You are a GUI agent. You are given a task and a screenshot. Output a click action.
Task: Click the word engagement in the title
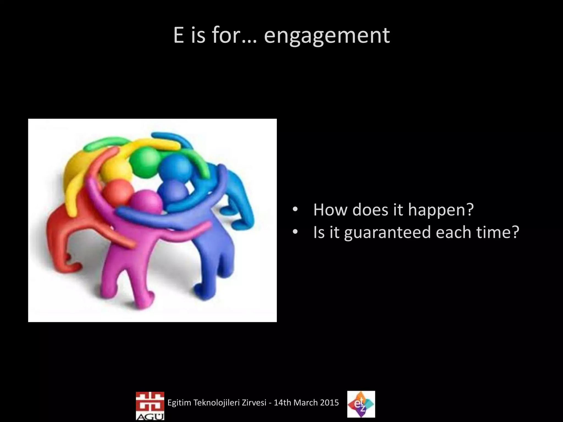(x=327, y=36)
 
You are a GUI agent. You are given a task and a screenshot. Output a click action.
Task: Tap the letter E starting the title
(x=178, y=36)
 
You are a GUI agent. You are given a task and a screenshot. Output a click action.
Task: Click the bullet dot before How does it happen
(x=295, y=210)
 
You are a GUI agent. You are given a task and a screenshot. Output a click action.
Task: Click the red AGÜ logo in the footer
(x=150, y=406)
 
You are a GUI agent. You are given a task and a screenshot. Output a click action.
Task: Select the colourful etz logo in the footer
(x=361, y=404)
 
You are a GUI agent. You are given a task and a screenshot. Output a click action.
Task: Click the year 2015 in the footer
(x=329, y=403)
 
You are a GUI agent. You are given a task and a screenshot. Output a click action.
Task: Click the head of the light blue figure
(x=176, y=166)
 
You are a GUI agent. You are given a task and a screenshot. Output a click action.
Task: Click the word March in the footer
(x=305, y=403)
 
